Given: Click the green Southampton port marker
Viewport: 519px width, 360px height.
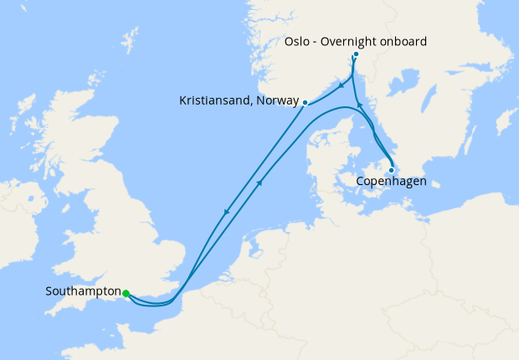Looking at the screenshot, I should (x=126, y=293).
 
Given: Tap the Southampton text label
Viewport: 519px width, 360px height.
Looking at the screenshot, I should (x=82, y=293).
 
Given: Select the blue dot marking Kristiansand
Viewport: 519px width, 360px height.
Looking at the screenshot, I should (x=305, y=103).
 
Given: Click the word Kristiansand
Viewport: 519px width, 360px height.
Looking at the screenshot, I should (x=214, y=101).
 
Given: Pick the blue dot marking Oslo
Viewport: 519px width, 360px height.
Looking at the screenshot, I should (x=356, y=54).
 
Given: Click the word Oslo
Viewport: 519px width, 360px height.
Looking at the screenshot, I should (x=298, y=42).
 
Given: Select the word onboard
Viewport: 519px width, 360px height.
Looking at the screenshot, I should (x=404, y=42).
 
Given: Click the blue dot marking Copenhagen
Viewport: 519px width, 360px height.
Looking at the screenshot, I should (x=391, y=170).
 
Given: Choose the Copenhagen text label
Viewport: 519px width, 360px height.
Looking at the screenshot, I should (x=392, y=181).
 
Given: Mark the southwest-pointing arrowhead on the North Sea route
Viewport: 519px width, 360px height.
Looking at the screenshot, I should (x=225, y=213).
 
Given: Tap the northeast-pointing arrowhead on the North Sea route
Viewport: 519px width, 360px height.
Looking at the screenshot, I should (x=262, y=182).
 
